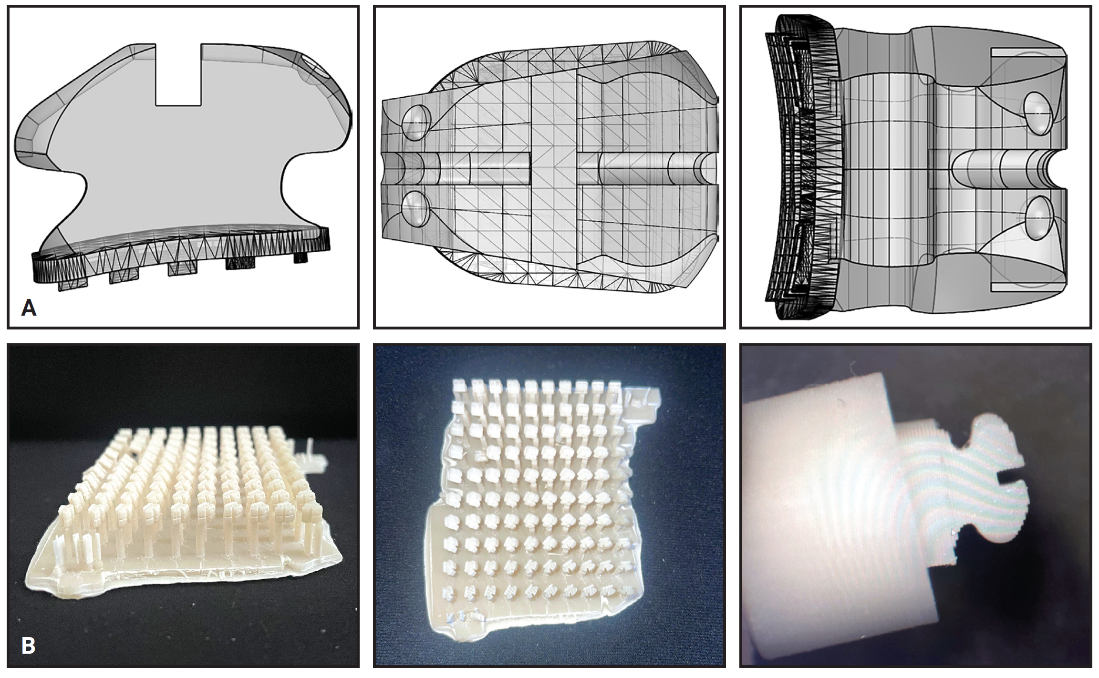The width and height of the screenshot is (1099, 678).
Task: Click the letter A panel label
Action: click(29, 308)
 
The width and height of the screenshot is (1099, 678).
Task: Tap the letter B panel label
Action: click(28, 646)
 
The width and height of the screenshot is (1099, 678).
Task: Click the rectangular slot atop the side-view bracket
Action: click(178, 74)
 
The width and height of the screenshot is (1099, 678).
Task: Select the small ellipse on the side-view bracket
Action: click(315, 67)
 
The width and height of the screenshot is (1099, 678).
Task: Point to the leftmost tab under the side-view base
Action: click(73, 285)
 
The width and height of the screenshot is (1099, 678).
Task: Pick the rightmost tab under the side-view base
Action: click(300, 257)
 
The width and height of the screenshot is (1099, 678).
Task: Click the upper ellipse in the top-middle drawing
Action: click(416, 122)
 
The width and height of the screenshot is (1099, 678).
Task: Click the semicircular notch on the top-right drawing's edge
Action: click(1057, 169)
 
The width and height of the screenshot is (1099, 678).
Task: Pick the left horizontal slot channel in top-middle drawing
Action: click(467, 170)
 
